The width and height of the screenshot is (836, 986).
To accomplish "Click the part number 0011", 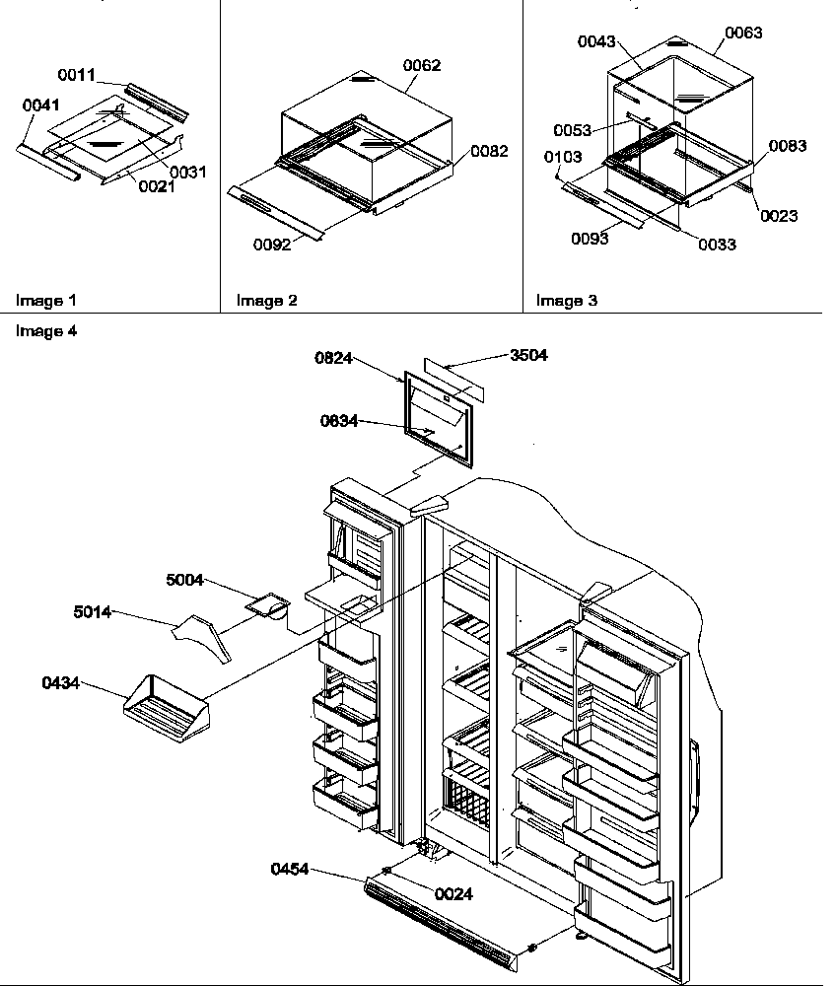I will pyautogui.click(x=76, y=74).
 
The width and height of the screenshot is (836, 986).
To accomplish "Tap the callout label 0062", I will pyautogui.click(x=422, y=66).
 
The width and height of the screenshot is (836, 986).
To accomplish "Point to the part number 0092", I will pyautogui.click(x=270, y=245).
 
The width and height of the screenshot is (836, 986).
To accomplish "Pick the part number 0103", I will pyautogui.click(x=562, y=157).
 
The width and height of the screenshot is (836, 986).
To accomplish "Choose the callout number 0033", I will pyautogui.click(x=717, y=245).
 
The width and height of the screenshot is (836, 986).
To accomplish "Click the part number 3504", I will pyautogui.click(x=528, y=356).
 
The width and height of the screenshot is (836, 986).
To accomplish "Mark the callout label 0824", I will pyautogui.click(x=334, y=359).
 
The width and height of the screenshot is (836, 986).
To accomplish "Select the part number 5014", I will pyautogui.click(x=92, y=612).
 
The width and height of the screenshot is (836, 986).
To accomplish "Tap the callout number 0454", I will pyautogui.click(x=290, y=869).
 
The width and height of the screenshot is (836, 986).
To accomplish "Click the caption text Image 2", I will pyautogui.click(x=266, y=301).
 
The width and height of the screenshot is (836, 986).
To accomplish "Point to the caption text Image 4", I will pyautogui.click(x=45, y=331).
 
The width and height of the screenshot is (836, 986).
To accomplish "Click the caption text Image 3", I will pyautogui.click(x=566, y=301).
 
